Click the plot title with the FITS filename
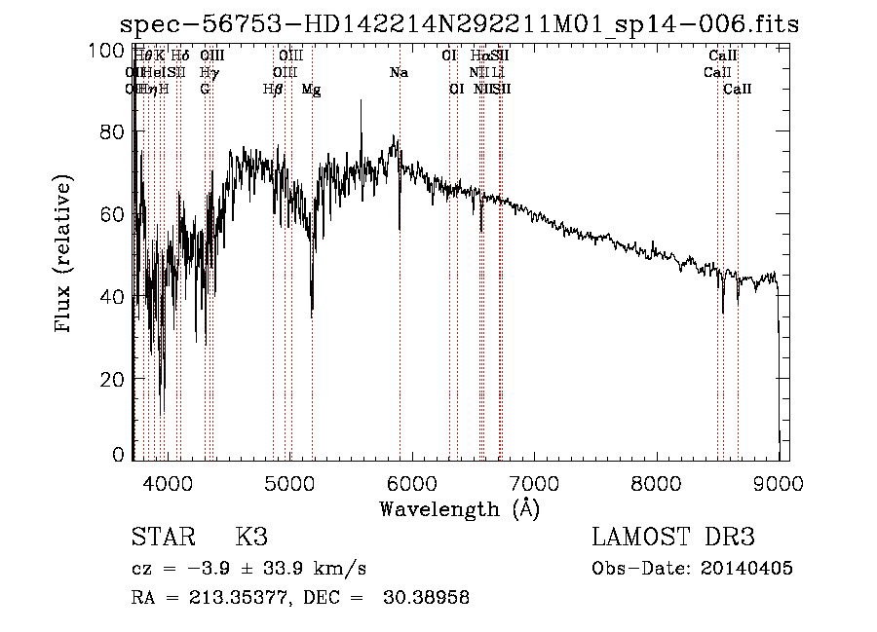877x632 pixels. tap(458, 24)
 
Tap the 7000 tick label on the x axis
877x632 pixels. tap(533, 481)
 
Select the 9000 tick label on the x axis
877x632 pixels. tap(778, 481)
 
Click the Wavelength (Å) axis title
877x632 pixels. tap(459, 508)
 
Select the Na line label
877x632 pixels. tap(399, 72)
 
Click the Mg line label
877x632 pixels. tap(312, 90)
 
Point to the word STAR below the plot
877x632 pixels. tap(162, 538)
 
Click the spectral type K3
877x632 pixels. tap(251, 538)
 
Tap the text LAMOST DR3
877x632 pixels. tap(672, 538)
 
